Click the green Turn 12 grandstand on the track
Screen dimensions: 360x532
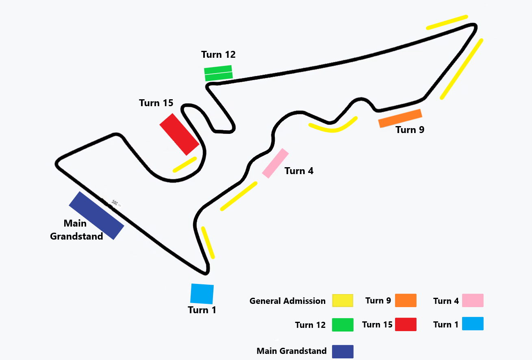[218, 73]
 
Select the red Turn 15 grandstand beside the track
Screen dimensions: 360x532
[179, 134]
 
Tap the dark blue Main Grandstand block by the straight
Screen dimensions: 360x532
[96, 215]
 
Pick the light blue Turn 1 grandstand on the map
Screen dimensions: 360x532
[202, 294]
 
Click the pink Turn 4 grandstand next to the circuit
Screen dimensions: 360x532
[275, 163]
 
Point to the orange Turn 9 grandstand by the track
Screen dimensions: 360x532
[400, 118]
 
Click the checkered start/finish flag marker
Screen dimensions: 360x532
[116, 203]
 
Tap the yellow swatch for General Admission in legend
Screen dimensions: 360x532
[342, 301]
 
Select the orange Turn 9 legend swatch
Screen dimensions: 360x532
[406, 300]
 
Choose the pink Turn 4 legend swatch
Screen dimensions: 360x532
[473, 300]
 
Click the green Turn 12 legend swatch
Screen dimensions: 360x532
[342, 325]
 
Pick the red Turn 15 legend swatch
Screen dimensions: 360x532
[406, 324]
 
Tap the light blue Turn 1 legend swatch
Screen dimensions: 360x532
[473, 324]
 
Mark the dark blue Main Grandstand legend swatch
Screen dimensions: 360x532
[342, 351]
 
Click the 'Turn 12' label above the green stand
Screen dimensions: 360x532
[218, 55]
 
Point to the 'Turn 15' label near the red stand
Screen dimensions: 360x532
[156, 103]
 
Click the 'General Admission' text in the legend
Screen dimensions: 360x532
[287, 301]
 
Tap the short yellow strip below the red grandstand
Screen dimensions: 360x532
[185, 164]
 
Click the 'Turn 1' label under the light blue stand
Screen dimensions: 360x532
[202, 310]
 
